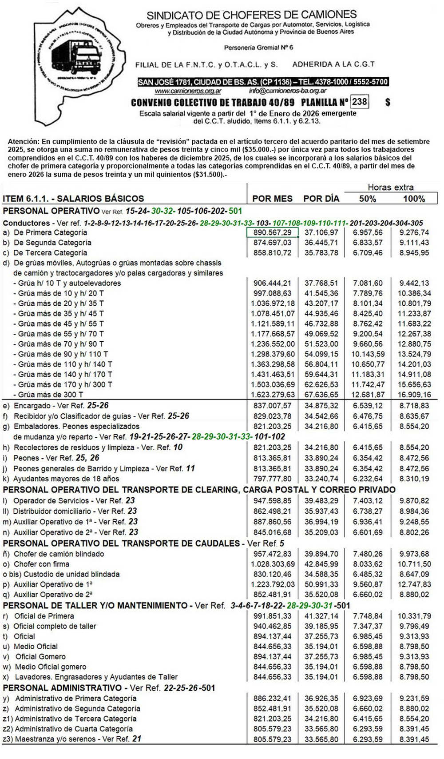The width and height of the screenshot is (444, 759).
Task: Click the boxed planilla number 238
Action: (359, 102)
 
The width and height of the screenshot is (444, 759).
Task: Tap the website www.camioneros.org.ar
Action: (188, 91)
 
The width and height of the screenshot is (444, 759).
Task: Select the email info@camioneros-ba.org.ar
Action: (288, 91)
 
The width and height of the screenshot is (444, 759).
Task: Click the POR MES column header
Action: (272, 199)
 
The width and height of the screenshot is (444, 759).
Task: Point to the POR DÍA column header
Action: (321, 199)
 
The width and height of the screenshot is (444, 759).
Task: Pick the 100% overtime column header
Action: (414, 199)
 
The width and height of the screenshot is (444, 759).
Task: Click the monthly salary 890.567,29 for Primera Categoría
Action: (272, 232)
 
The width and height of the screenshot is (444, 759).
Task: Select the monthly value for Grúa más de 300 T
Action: (272, 395)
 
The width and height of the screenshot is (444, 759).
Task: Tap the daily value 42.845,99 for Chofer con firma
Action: (321, 564)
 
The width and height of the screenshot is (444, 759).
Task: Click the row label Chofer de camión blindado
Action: (59, 554)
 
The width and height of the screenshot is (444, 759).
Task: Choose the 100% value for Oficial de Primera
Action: (414, 616)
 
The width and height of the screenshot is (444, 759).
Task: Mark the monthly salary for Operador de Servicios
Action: (272, 501)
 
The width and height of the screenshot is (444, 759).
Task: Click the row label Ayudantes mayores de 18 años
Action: (66, 479)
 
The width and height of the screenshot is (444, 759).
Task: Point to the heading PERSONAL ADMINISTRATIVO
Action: (62, 688)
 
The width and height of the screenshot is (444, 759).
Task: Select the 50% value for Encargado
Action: (367, 406)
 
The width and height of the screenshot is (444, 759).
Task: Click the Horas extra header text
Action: (390, 188)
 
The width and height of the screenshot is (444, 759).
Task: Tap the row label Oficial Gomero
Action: (40, 657)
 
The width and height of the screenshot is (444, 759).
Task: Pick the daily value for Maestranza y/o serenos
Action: (321, 739)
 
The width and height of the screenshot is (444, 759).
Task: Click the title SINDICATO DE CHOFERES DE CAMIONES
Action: (251, 15)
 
